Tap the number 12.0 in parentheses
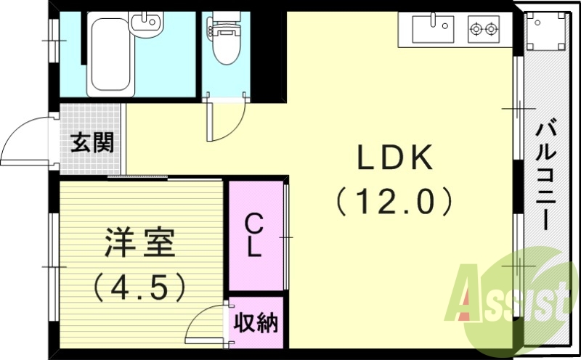point(394,200)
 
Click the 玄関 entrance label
point(92,142)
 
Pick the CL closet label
point(253,234)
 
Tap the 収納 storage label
point(256,322)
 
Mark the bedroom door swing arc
point(206,325)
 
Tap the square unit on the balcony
point(545,33)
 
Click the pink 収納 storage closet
point(256,322)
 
